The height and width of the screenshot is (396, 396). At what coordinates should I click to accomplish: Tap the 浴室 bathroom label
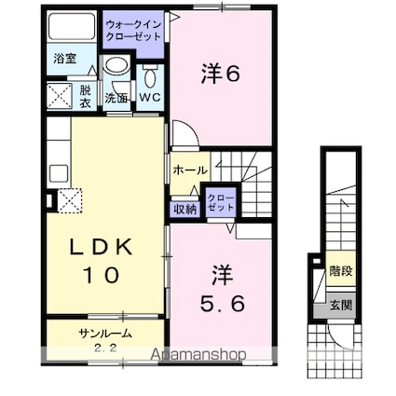pos(64,59)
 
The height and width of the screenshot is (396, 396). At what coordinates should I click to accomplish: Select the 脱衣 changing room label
pos(85,95)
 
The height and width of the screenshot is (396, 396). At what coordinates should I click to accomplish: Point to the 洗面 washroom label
pos(116,96)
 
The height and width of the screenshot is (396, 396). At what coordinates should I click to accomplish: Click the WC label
pos(150,96)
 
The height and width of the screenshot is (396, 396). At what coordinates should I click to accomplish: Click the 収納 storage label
pos(184,209)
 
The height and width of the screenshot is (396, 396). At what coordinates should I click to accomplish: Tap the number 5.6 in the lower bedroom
pos(221,303)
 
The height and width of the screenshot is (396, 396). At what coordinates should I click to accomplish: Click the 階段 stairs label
pos(340,272)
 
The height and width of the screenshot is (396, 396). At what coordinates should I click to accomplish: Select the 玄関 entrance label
pos(340,305)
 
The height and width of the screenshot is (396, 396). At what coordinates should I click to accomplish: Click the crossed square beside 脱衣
pos(59,96)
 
